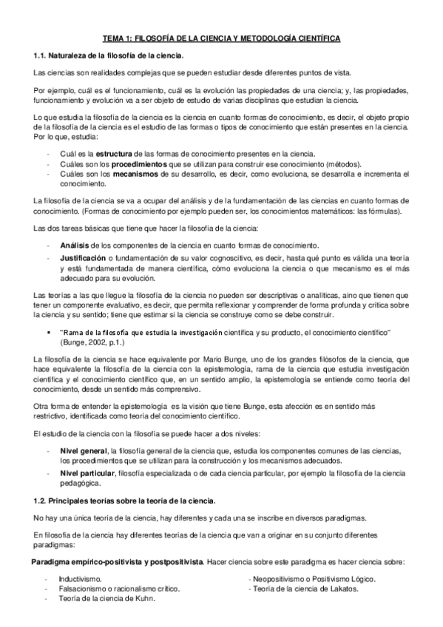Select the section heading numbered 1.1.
coord(109,55)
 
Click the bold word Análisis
coord(75,245)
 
